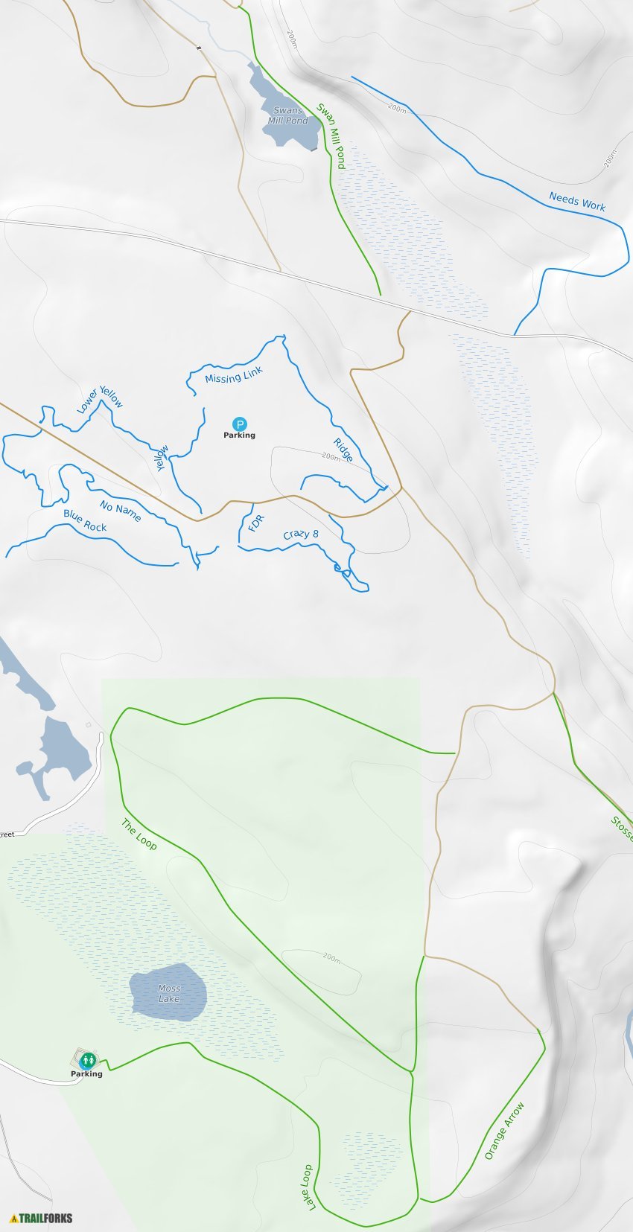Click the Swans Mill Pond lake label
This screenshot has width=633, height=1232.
287,115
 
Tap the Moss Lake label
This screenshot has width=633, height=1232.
169,994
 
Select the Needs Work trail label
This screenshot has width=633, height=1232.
577,201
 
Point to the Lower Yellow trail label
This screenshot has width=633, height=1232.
100,400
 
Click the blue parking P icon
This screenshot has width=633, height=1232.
239,424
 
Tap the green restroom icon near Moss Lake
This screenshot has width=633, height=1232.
88,1059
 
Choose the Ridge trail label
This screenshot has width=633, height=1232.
343,450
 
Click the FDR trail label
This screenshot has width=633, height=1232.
255,523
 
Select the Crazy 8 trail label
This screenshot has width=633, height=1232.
301,534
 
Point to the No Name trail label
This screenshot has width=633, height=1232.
121,511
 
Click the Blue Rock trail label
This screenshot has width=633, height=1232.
85,520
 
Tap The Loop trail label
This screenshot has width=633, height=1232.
139,834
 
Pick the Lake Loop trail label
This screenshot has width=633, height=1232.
306,1187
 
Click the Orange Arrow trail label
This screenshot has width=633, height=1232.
504,1131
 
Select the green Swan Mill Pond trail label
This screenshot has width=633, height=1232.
331,135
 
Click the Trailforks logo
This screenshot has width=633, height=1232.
41,1219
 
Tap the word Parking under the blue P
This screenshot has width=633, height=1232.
239,435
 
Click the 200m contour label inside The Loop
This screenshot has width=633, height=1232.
331,957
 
